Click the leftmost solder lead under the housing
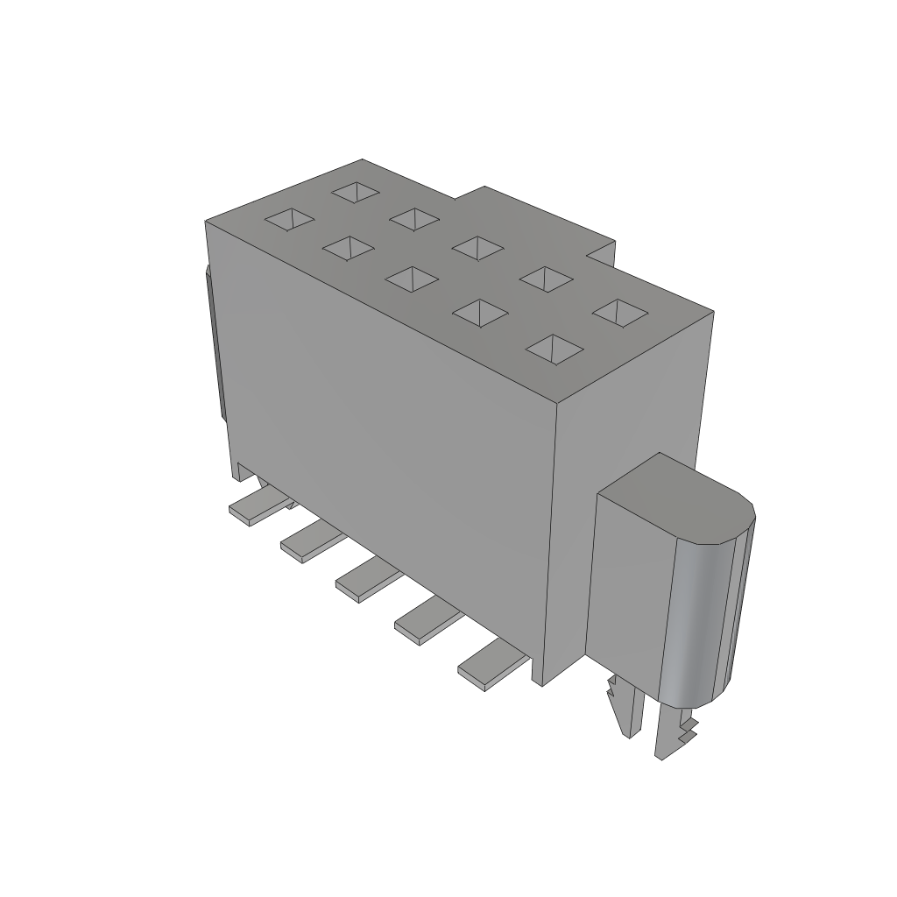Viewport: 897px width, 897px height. (254, 511)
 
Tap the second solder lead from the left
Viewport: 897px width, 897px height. (306, 546)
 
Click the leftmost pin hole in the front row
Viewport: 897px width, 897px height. (290, 220)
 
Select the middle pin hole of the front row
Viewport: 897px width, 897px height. (411, 279)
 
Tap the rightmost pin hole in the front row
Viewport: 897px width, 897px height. (554, 348)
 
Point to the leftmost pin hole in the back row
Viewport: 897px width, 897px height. (357, 191)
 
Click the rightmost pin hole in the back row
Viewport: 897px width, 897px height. (619, 313)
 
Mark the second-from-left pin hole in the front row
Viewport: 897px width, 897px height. (348, 249)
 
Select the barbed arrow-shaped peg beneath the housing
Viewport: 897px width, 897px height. (624, 705)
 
